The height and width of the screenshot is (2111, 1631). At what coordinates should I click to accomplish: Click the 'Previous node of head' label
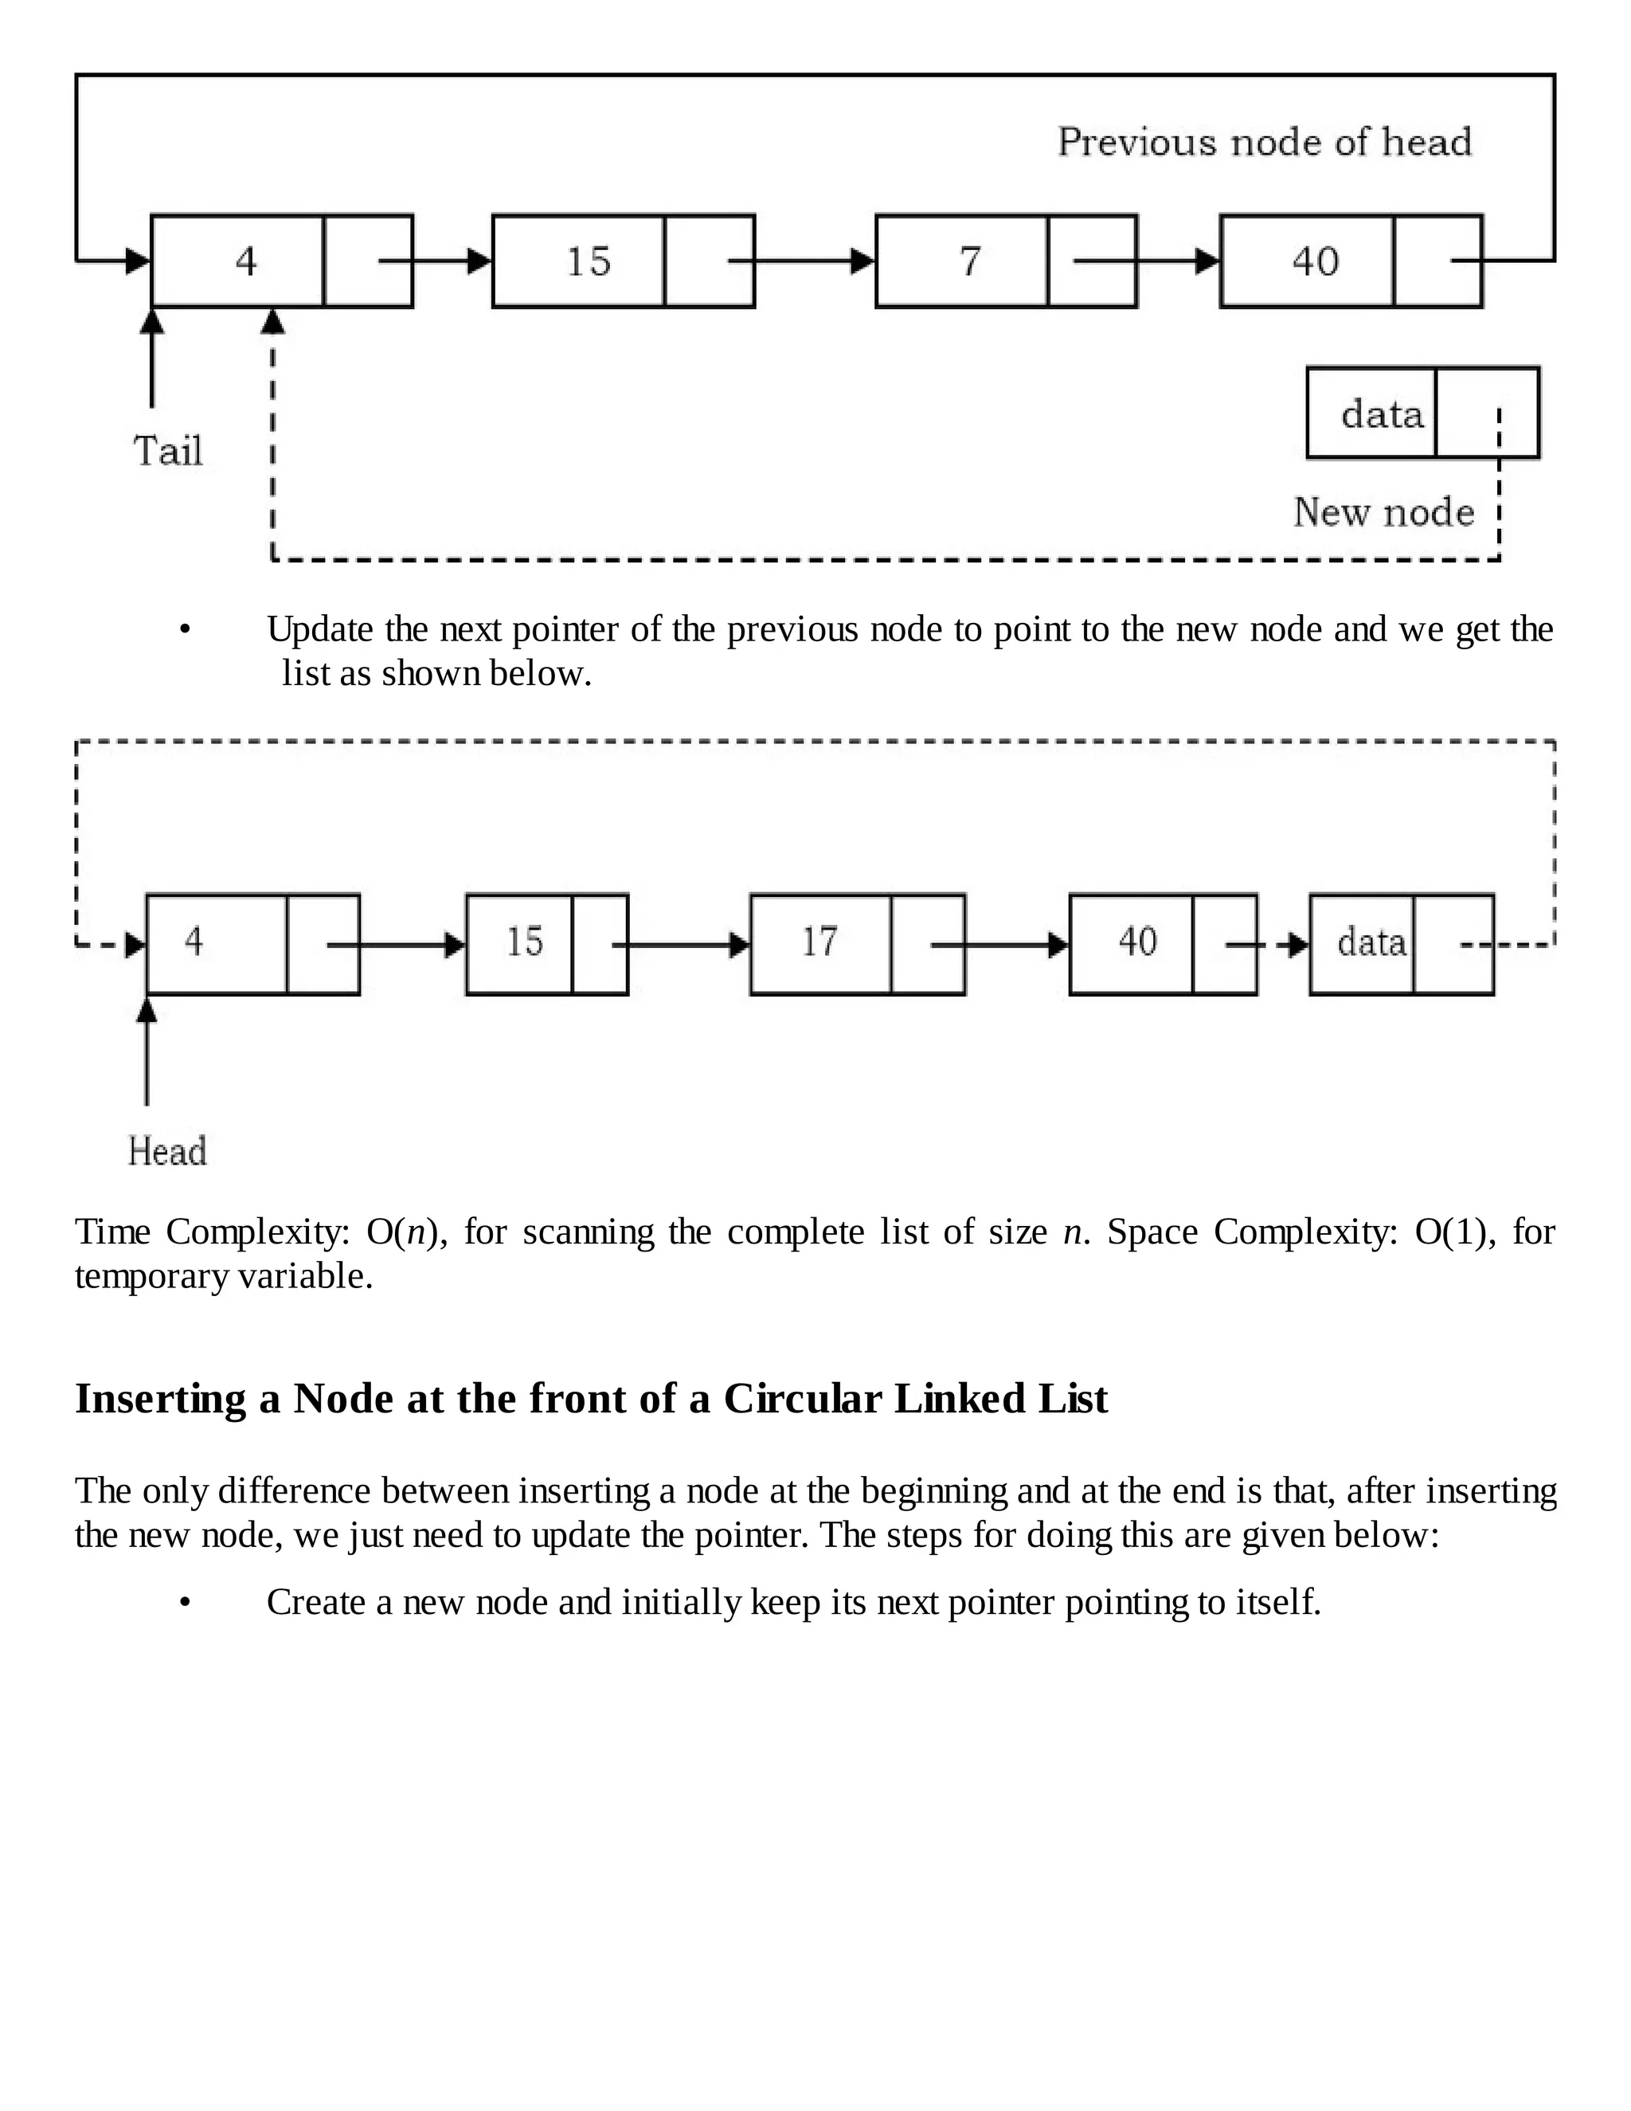1264,142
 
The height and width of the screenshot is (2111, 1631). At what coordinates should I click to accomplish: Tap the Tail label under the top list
168,452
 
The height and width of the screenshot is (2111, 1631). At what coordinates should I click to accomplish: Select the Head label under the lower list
167,1151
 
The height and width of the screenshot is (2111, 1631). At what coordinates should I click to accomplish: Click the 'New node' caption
1383,511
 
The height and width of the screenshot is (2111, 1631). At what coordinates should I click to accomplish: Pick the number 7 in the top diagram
970,261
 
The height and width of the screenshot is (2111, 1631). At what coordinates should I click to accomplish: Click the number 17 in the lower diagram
819,942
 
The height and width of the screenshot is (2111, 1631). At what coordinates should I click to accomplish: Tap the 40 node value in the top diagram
1315,261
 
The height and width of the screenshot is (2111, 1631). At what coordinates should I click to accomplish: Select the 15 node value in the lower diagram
525,942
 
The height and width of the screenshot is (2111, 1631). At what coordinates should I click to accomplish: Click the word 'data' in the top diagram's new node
1382,415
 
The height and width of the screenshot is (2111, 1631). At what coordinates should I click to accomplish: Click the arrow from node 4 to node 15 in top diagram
435,261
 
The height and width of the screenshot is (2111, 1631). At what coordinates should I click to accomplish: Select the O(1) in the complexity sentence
1449,1232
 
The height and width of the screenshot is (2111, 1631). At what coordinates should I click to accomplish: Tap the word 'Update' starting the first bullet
320,630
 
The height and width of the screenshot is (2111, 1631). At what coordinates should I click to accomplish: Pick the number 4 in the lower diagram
194,942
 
